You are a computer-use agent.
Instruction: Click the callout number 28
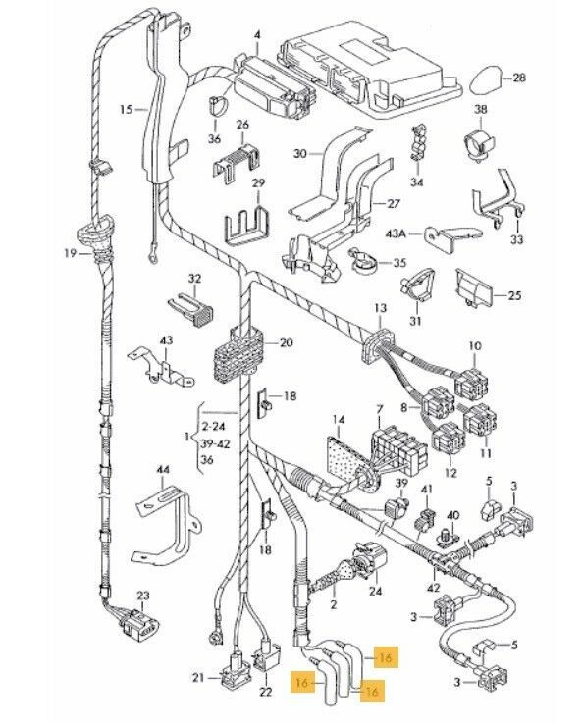(519, 78)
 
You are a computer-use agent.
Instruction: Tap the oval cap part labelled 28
(487, 80)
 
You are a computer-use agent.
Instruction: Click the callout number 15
(126, 110)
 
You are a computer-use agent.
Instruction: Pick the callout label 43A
(396, 233)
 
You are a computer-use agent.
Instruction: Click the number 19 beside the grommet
(71, 253)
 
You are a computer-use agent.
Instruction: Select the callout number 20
(286, 343)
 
